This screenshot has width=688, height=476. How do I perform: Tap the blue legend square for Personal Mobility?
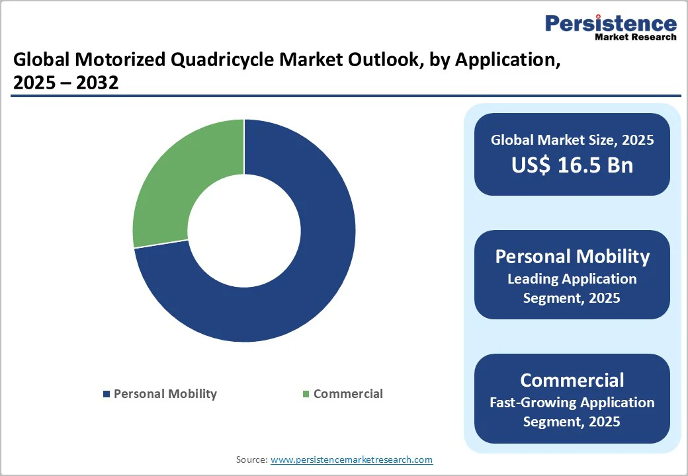pyautogui.click(x=106, y=394)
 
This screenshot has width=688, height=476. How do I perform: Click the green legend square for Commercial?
pyautogui.click(x=306, y=394)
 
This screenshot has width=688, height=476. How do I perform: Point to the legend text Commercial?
pyautogui.click(x=348, y=394)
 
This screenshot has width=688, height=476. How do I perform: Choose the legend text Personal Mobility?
pyautogui.click(x=165, y=394)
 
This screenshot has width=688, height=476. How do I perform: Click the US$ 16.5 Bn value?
pyautogui.click(x=572, y=165)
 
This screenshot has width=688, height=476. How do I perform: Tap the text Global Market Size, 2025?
pyautogui.click(x=572, y=140)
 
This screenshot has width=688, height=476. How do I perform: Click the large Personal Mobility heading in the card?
pyautogui.click(x=572, y=257)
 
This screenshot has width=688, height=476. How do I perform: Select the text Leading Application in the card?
pyautogui.click(x=572, y=279)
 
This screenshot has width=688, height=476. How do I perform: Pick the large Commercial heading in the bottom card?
pyautogui.click(x=572, y=380)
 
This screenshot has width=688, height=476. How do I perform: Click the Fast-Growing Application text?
pyautogui.click(x=572, y=402)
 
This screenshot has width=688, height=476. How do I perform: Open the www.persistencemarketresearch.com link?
pyautogui.click(x=351, y=459)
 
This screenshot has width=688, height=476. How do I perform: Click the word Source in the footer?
pyautogui.click(x=251, y=459)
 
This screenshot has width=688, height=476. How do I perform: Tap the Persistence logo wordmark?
pyautogui.click(x=611, y=24)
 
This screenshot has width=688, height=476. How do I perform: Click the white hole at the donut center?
pyautogui.click(x=243, y=231)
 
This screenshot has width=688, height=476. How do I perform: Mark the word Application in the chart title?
pyautogui.click(x=503, y=61)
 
